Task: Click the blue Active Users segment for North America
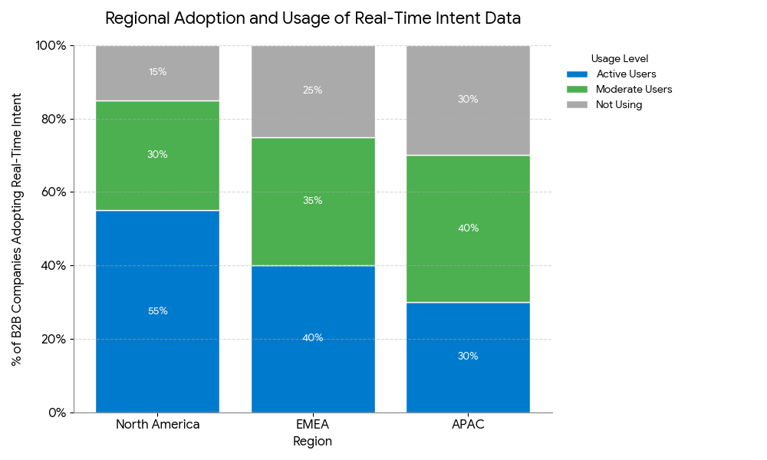click(x=157, y=311)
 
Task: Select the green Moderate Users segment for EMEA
click(x=313, y=202)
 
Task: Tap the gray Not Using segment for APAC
click(x=468, y=100)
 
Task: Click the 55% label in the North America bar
click(x=157, y=311)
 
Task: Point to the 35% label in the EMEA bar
click(x=313, y=200)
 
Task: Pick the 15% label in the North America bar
click(x=157, y=72)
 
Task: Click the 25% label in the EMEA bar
click(x=313, y=90)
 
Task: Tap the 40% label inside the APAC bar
click(x=468, y=228)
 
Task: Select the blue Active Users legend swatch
click(x=578, y=74)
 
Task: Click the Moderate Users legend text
click(x=634, y=90)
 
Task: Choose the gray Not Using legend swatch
click(x=578, y=104)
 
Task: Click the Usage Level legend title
click(x=619, y=59)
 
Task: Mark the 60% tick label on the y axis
click(x=54, y=192)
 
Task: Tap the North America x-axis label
click(x=157, y=424)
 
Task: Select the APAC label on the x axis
click(x=468, y=424)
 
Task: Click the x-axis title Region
click(x=313, y=442)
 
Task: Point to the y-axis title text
click(x=17, y=229)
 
